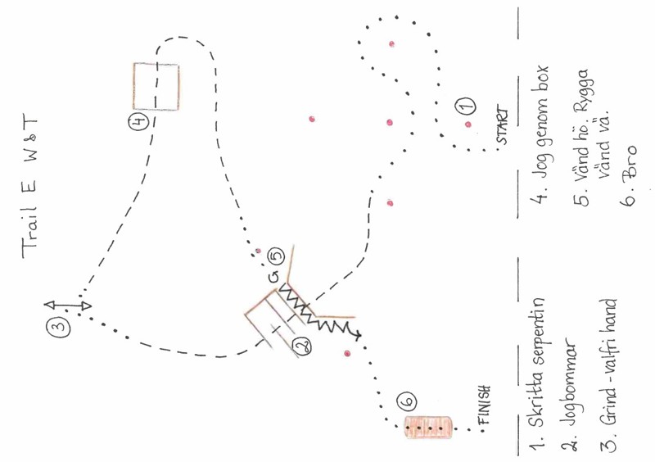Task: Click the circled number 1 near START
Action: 464,105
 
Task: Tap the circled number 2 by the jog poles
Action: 302,346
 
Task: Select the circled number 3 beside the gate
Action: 59,326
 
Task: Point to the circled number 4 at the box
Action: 139,122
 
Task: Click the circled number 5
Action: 275,256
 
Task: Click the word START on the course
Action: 503,127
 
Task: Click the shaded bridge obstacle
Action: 427,428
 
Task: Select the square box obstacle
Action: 156,87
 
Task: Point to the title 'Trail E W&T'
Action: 29,187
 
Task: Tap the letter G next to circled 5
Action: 273,277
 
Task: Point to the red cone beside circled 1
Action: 468,125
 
